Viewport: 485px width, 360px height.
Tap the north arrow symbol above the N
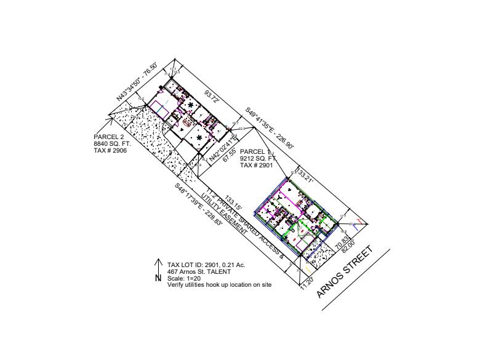pos(159,264)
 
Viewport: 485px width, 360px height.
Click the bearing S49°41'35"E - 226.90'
pos(270,128)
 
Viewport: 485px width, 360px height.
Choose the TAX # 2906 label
pos(110,150)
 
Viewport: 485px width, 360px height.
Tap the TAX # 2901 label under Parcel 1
pos(255,165)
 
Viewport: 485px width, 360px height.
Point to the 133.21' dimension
pos(305,177)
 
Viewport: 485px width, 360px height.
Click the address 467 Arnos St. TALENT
pos(199,271)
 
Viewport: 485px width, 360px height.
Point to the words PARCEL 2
pos(109,137)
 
